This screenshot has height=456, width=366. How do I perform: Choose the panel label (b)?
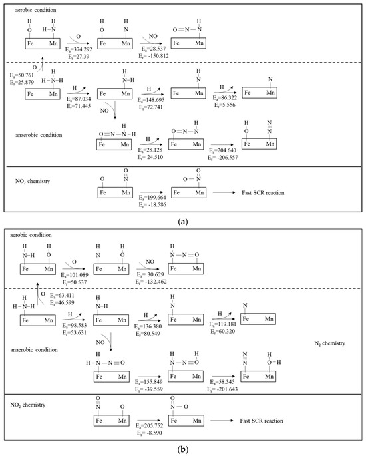[x=183, y=449]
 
